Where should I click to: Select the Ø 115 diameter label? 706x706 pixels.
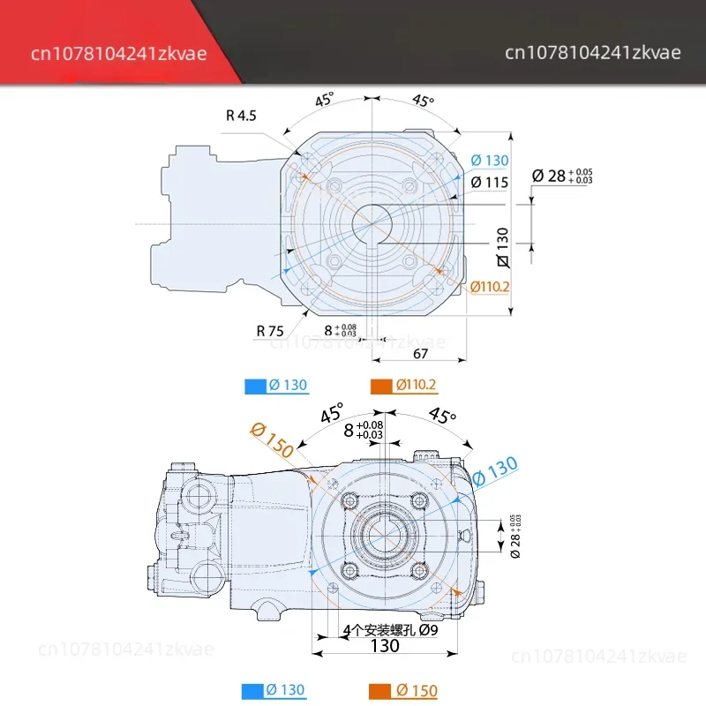[x=490, y=182]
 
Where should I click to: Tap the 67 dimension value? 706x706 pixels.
[x=420, y=353]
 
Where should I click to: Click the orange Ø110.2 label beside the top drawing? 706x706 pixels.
[x=491, y=287]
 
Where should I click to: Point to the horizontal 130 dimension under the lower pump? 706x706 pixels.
[x=386, y=646]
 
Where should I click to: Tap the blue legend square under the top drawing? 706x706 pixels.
[x=253, y=385]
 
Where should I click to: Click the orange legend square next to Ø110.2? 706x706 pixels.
[x=381, y=385]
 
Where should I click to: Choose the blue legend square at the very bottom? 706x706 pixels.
[x=253, y=690]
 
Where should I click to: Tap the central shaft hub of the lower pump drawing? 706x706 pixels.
[x=384, y=530]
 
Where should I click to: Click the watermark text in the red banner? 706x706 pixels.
[x=119, y=53]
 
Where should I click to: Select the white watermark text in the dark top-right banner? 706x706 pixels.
[x=593, y=53]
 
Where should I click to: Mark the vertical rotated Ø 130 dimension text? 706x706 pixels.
[x=503, y=247]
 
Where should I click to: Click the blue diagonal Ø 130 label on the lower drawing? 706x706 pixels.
[x=495, y=471]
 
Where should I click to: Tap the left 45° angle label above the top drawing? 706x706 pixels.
[x=325, y=100]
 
